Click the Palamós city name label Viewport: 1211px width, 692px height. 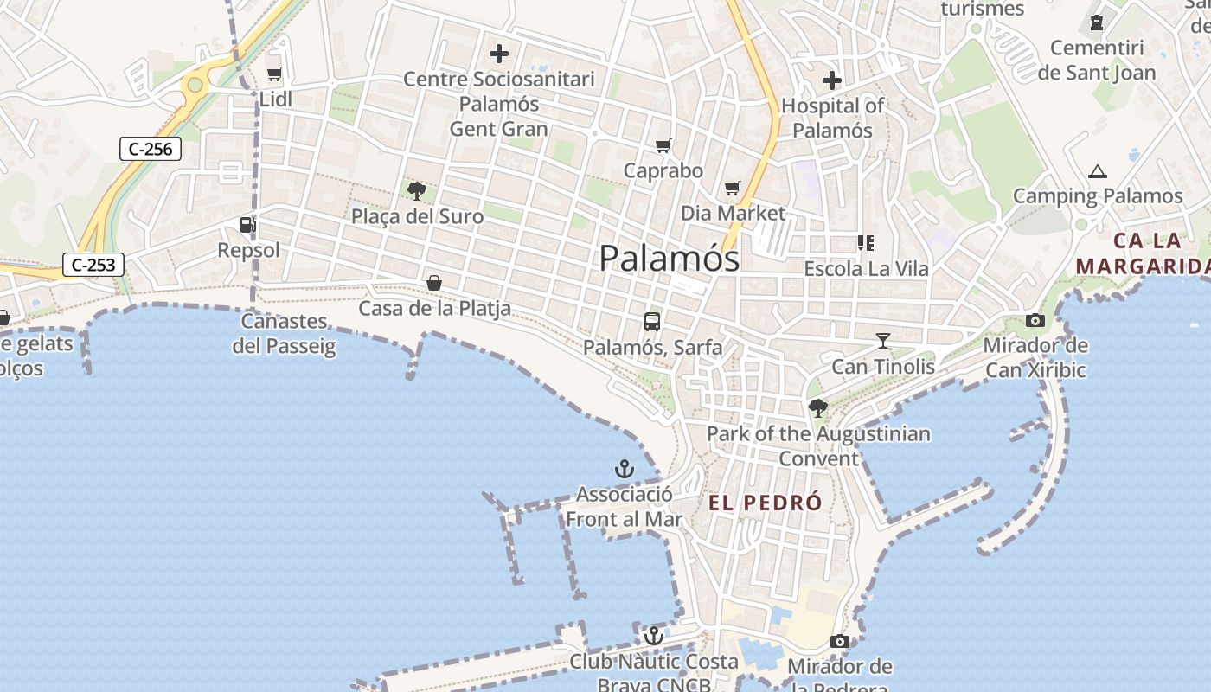pyautogui.click(x=670, y=258)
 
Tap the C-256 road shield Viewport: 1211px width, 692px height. pyautogui.click(x=151, y=149)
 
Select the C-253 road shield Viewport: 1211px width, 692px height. pyautogui.click(x=93, y=265)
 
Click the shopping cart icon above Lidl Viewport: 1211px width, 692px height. pyautogui.click(x=275, y=74)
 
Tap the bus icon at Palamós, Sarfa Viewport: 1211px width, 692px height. pyautogui.click(x=652, y=322)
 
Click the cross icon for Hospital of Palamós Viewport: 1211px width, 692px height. pyautogui.click(x=832, y=80)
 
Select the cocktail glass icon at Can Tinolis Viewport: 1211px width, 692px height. pyautogui.click(x=883, y=341)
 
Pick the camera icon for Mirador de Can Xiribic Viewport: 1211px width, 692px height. pyautogui.click(x=1035, y=321)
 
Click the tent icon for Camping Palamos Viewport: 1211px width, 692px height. pyautogui.click(x=1098, y=171)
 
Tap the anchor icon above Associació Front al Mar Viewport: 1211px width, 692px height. pyautogui.click(x=624, y=469)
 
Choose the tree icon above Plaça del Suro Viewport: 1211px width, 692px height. pyautogui.click(x=417, y=190)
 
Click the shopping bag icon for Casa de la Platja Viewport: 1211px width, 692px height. pyautogui.click(x=434, y=283)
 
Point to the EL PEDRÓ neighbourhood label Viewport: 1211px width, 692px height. pyautogui.click(x=766, y=503)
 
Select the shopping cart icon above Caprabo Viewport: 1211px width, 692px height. pyautogui.click(x=663, y=145)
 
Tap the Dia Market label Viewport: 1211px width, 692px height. pyautogui.click(x=733, y=213)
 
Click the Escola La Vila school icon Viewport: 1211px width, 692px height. pyautogui.click(x=865, y=243)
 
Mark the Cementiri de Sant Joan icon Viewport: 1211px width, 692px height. pyautogui.click(x=1097, y=23)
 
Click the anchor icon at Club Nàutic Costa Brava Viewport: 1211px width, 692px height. pyautogui.click(x=654, y=636)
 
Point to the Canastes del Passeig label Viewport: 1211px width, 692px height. pyautogui.click(x=284, y=334)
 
